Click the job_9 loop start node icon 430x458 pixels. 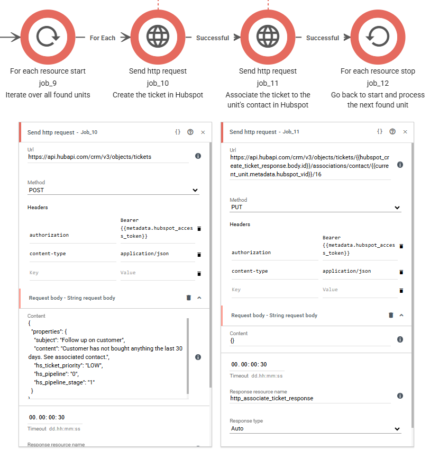point(48,37)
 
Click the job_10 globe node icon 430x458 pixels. point(158,37)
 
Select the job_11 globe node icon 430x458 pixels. point(268,37)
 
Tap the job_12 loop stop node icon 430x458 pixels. point(378,37)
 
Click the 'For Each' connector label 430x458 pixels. point(103,38)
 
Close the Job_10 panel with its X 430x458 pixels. point(203,132)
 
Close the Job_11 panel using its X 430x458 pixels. point(405,132)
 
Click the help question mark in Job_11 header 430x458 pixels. point(392,131)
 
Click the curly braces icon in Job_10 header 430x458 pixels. point(178,132)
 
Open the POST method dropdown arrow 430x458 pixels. point(195,190)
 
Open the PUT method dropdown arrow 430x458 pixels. point(397,208)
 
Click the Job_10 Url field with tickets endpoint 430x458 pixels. point(108,157)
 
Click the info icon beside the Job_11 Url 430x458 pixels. point(400,165)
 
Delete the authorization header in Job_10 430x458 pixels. point(199,228)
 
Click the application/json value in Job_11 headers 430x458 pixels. point(346,271)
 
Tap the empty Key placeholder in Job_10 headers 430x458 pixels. point(72,273)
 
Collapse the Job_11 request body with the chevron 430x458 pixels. point(401,315)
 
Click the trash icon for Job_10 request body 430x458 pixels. point(189,298)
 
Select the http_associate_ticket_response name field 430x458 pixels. point(310,398)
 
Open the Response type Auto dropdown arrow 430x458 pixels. point(397,429)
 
